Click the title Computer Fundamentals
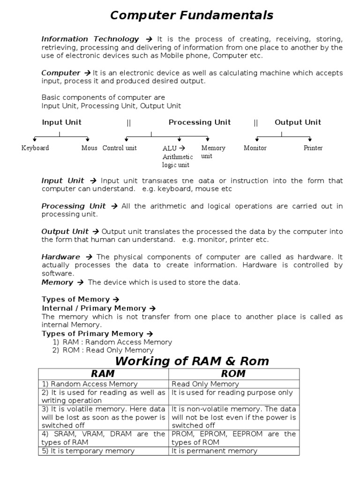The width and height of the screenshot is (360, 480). point(191,15)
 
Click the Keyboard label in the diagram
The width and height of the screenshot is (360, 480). point(35,148)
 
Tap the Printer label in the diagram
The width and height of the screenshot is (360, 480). point(313,148)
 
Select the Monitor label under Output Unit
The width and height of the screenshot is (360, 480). point(255,148)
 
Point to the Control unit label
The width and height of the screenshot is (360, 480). point(120,148)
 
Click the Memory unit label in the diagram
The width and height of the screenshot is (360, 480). point(213,152)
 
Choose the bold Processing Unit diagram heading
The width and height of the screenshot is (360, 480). point(200,122)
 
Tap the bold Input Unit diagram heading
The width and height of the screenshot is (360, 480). point(61,122)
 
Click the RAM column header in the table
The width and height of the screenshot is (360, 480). point(103,374)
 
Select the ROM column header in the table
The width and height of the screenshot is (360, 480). point(234,374)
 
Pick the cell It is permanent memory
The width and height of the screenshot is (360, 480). point(214,451)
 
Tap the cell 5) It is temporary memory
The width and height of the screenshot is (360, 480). point(88,451)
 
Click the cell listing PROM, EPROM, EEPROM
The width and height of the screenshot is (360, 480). point(234,438)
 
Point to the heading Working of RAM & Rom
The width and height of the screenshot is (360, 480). point(192,361)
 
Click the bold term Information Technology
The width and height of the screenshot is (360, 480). point(90,39)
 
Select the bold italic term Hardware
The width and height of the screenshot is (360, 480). point(60,257)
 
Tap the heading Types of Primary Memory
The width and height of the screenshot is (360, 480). point(92,334)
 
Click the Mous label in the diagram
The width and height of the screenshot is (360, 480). point(89,148)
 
